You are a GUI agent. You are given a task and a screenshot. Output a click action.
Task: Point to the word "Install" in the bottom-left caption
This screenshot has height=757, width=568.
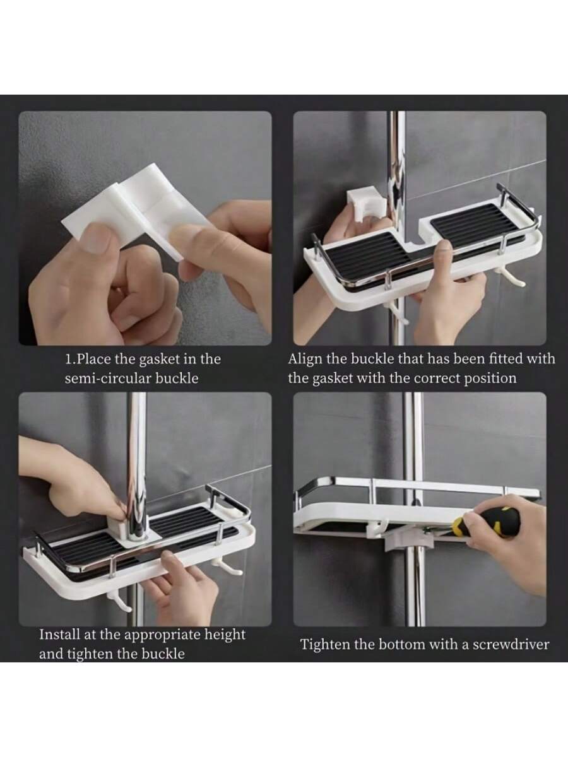tap(59, 635)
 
